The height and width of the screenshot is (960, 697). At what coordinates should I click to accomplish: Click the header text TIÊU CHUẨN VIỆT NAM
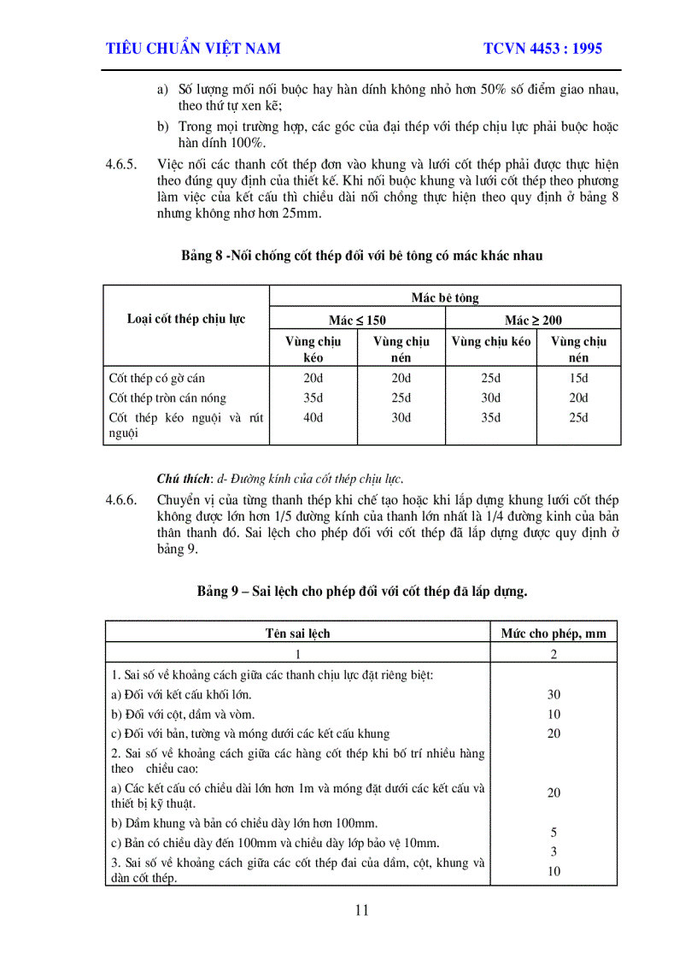[x=193, y=49]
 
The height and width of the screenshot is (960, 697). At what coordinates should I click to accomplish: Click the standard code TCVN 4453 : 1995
[x=542, y=49]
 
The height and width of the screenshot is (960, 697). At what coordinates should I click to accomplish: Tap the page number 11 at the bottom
[x=361, y=910]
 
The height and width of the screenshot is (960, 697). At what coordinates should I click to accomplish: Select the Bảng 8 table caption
[x=361, y=256]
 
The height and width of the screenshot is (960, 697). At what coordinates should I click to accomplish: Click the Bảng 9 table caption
[x=361, y=591]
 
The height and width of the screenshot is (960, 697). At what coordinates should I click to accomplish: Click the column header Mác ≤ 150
[x=357, y=321]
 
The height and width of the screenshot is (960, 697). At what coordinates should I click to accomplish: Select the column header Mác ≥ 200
[x=533, y=321]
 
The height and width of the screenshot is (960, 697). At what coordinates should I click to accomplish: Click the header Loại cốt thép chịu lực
[x=186, y=319]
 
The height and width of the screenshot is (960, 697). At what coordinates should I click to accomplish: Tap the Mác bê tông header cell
[x=445, y=298]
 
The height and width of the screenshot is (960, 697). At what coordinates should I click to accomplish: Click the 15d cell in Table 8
[x=578, y=378]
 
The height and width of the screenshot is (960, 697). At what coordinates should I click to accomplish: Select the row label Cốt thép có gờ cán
[x=157, y=378]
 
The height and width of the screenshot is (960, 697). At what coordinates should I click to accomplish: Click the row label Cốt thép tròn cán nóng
[x=167, y=398]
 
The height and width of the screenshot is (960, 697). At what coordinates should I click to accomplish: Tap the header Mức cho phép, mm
[x=553, y=633]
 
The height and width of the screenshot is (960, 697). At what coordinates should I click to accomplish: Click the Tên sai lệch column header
[x=297, y=633]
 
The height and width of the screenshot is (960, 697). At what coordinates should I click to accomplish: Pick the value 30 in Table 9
[x=553, y=694]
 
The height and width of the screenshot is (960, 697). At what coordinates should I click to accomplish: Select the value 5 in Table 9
[x=553, y=832]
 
